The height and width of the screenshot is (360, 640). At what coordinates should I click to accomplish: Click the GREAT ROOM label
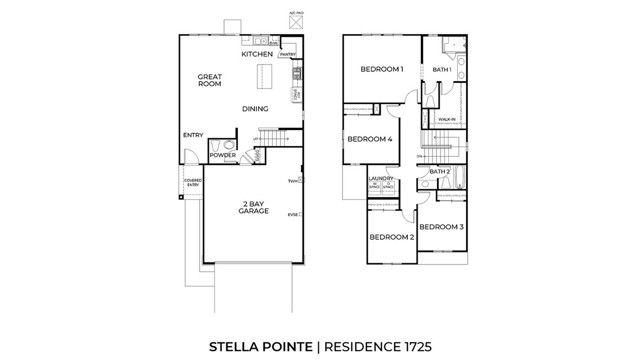[x=208, y=81]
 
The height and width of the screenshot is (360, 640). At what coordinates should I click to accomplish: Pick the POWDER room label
[x=223, y=155]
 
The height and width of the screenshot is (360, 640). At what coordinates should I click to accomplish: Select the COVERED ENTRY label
[x=192, y=184]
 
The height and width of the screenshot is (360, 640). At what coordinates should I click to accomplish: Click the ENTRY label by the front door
[x=193, y=136]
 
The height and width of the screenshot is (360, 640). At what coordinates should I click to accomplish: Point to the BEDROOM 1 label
[x=381, y=69]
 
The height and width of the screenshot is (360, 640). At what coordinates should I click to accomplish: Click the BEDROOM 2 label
[x=391, y=237]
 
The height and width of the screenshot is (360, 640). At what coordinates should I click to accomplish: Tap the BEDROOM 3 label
[x=440, y=227]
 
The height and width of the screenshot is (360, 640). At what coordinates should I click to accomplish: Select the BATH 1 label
[x=442, y=69]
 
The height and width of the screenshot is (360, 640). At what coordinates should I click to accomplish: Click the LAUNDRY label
[x=381, y=179]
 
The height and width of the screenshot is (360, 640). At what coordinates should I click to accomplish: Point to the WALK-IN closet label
[x=447, y=119]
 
